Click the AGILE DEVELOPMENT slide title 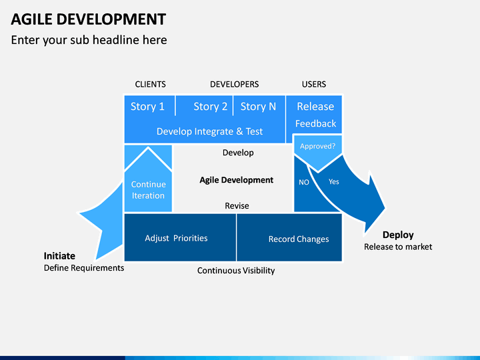[89, 19]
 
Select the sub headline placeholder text [89, 40]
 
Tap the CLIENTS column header [150, 84]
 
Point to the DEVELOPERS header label [235, 84]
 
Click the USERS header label [314, 84]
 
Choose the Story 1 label [147, 107]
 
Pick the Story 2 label [211, 107]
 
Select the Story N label [258, 107]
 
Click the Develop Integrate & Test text [210, 131]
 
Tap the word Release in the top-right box [315, 107]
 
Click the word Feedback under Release [315, 123]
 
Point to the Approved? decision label [317, 146]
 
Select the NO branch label [304, 183]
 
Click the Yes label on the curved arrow [334, 181]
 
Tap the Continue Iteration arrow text [148, 190]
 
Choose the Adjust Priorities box [180, 237]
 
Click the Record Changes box [289, 237]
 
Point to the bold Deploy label [398, 235]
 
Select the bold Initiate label [59, 256]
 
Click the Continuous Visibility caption [236, 271]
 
